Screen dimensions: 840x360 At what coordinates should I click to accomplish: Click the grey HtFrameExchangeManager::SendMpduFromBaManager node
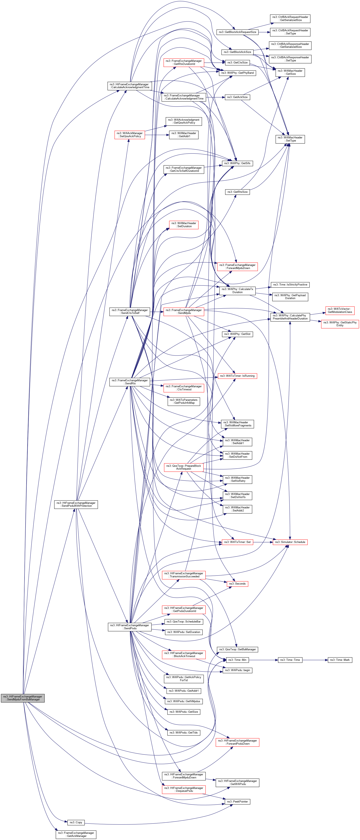[x=22, y=698]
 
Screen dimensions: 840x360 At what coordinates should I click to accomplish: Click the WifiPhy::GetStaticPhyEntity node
[x=340, y=324]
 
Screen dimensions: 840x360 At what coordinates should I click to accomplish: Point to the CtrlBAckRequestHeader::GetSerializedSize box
[x=290, y=19]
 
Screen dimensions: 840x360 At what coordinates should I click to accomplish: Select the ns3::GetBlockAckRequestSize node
[x=237, y=32]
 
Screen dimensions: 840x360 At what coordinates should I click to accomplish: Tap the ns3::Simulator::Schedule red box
[x=290, y=542]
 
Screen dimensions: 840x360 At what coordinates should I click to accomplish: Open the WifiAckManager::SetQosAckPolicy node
[x=130, y=135]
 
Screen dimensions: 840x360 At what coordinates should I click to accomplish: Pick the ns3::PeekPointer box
[x=237, y=801]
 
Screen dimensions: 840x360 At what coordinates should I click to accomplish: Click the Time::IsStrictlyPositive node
[x=290, y=285]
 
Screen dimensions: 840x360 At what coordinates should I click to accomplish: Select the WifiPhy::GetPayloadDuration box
[x=290, y=296]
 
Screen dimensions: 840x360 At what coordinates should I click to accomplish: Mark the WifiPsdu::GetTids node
[x=183, y=733]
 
